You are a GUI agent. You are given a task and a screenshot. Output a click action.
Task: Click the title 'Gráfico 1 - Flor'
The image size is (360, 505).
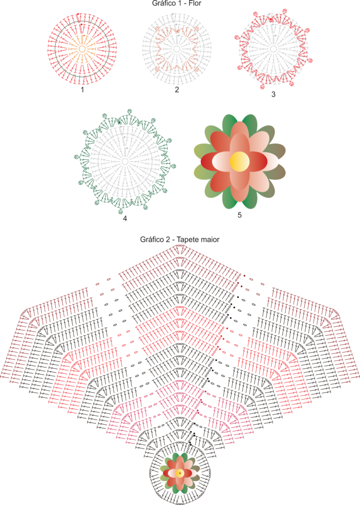[x=177, y=3]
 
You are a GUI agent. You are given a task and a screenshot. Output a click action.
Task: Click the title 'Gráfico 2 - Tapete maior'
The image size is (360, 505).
[x=180, y=240]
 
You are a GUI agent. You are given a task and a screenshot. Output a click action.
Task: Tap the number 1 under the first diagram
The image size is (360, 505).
[x=82, y=90]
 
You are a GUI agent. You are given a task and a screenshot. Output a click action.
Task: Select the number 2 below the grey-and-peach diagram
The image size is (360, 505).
[x=177, y=90]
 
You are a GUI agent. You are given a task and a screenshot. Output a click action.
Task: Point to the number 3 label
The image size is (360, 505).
[x=273, y=94]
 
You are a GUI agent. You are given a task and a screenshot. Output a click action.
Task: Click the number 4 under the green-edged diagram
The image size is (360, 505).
[x=125, y=218]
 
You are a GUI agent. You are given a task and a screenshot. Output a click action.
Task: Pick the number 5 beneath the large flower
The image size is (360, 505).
[x=240, y=215]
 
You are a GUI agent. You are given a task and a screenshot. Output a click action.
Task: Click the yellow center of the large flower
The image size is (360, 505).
[x=240, y=161]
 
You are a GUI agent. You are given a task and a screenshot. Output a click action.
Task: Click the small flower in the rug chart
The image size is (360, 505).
[x=180, y=473]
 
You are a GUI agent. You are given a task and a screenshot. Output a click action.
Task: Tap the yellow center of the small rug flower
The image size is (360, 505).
[x=180, y=473]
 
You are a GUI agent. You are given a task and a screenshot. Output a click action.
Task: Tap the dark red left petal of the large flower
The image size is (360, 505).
[x=211, y=161]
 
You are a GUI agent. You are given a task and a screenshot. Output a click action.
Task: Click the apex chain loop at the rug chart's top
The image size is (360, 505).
[x=180, y=246]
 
